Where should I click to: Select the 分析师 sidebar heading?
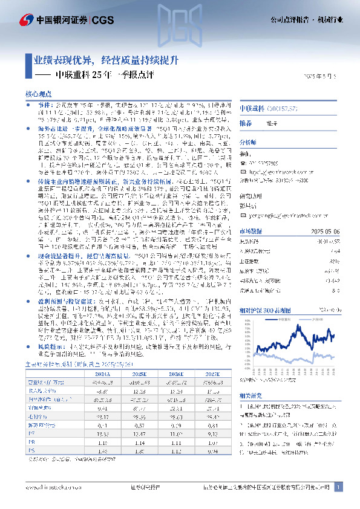tap(249, 141)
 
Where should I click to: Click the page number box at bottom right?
tap(339, 487)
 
